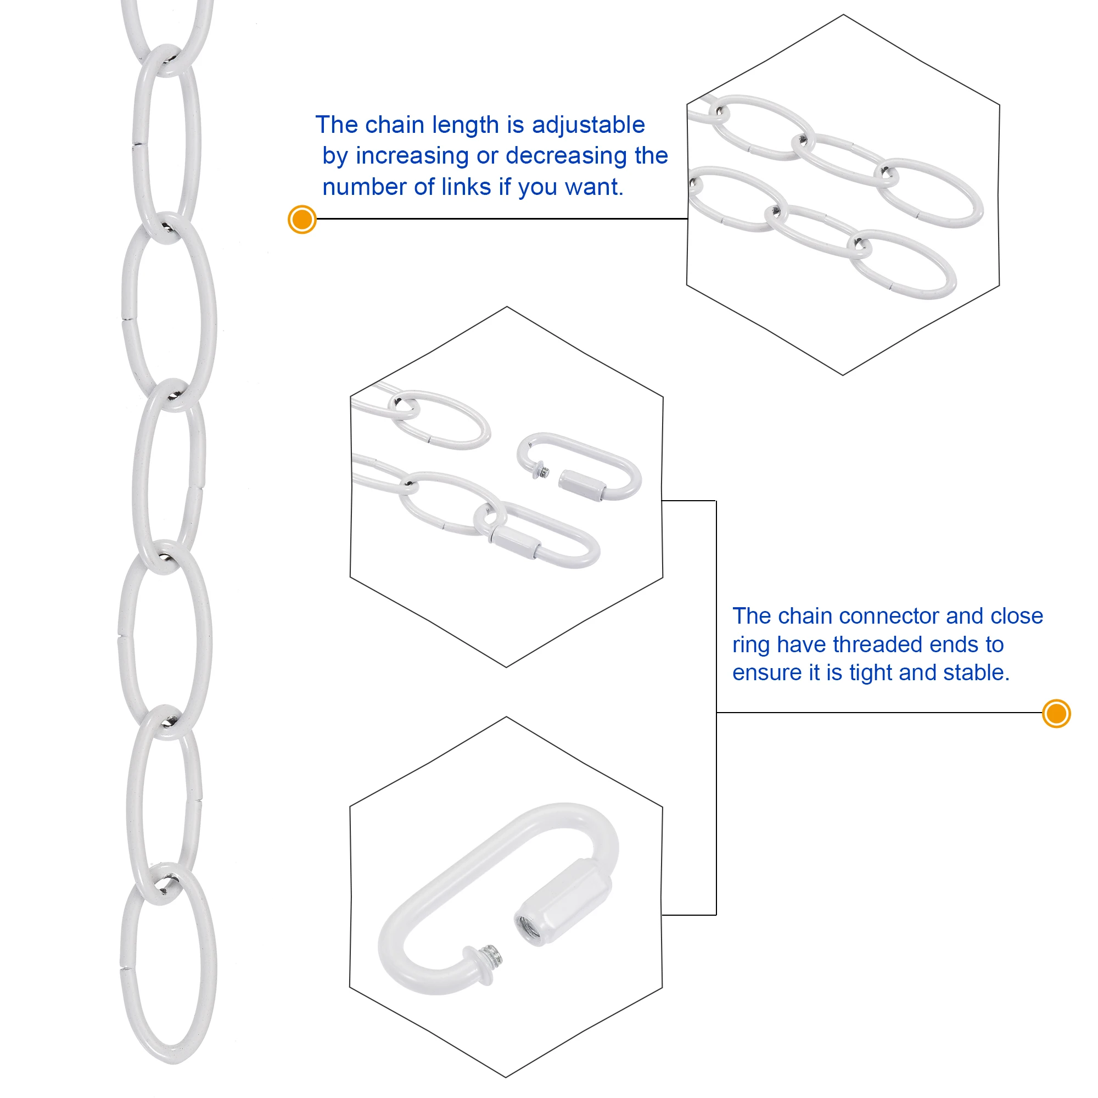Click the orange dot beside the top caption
(302, 220)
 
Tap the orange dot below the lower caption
(1056, 713)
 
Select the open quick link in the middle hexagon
(580, 466)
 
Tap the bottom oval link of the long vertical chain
(168, 966)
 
